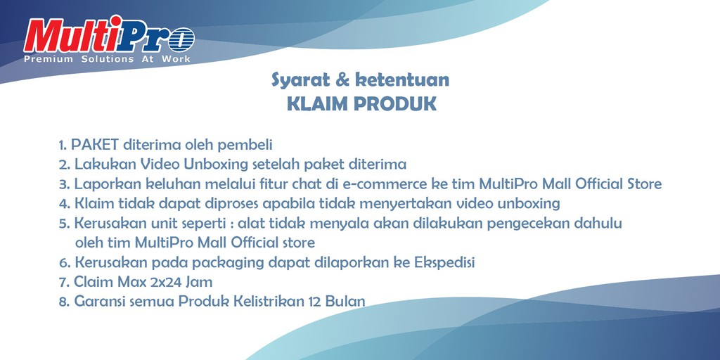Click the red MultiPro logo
pos(108,36)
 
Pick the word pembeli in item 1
pos(247,145)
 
